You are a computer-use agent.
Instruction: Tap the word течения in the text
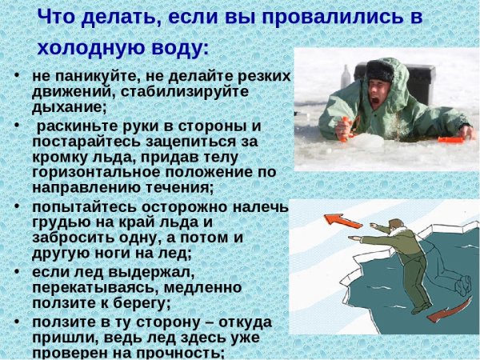(175, 187)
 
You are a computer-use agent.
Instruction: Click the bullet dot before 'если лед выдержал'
(18, 271)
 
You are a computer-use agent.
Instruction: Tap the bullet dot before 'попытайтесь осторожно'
(18, 206)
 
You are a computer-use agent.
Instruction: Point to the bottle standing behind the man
(346, 78)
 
